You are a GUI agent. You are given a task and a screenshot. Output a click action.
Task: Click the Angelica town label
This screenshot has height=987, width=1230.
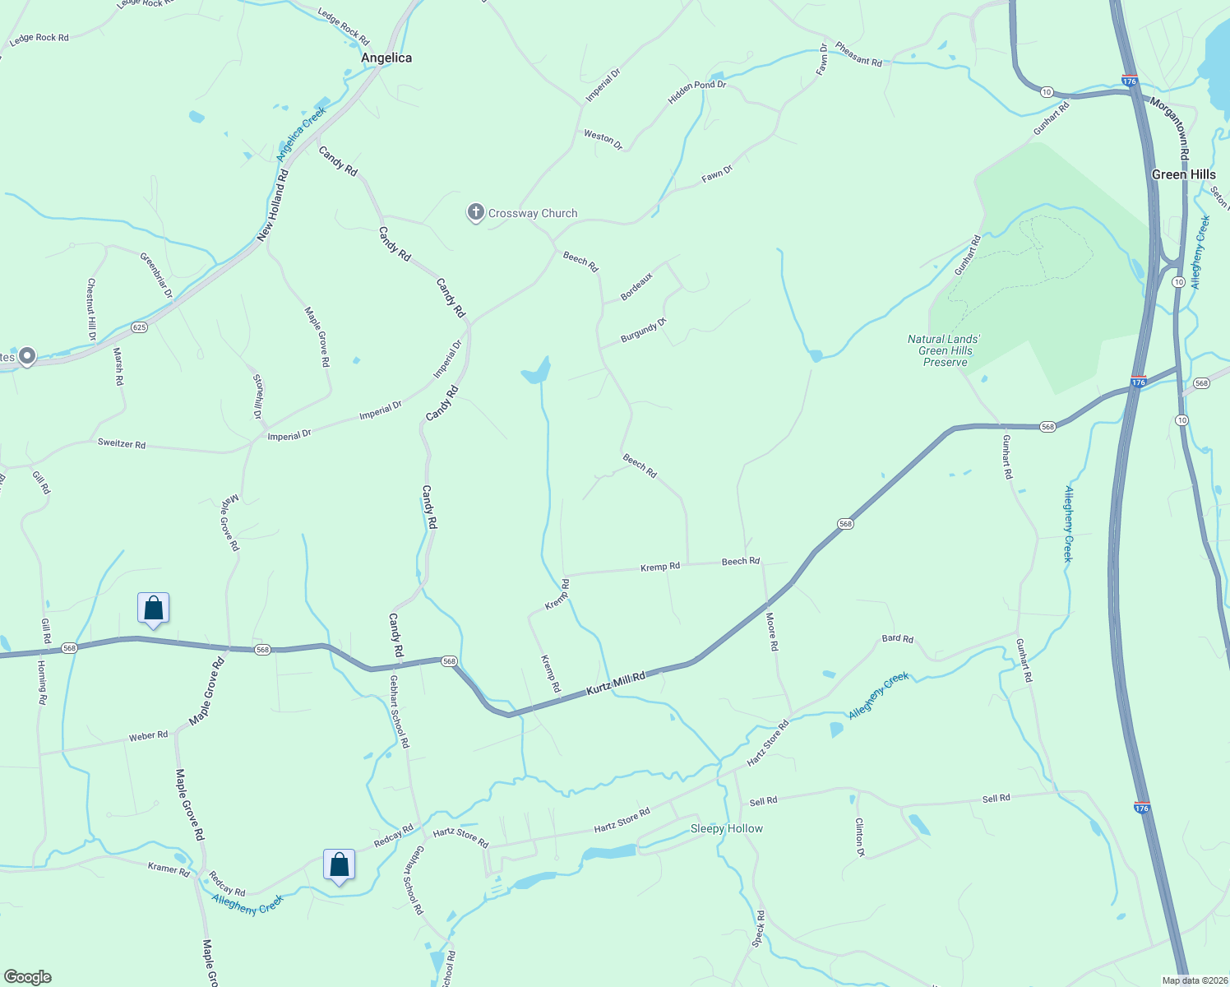click(386, 58)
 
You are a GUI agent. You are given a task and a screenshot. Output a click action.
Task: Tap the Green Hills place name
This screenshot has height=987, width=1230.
click(1183, 174)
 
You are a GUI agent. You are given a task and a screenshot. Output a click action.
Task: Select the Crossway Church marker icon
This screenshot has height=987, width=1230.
click(475, 213)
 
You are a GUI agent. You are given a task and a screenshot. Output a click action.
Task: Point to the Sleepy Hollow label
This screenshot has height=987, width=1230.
click(726, 828)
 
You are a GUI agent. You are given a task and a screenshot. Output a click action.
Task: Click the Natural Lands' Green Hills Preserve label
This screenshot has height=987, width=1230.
click(945, 350)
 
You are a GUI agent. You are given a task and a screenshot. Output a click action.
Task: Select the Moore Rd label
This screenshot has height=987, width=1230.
click(771, 632)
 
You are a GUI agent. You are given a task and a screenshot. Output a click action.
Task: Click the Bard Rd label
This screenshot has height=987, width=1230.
click(897, 638)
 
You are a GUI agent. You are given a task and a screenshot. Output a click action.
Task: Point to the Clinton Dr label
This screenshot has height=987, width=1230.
click(860, 837)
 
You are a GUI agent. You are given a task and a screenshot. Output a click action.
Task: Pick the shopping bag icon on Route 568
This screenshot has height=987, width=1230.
click(153, 609)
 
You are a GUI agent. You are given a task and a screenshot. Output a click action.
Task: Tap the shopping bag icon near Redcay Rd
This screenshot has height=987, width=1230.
click(339, 865)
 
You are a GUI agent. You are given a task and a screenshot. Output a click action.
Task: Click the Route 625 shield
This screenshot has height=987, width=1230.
click(139, 327)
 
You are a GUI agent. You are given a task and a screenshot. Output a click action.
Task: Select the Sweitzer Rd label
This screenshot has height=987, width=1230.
click(122, 444)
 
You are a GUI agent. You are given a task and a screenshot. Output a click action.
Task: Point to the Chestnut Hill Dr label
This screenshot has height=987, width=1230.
click(91, 309)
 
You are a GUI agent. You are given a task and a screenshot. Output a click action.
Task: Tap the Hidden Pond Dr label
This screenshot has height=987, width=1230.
click(697, 91)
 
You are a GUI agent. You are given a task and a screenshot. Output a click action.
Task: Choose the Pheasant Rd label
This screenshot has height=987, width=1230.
click(858, 54)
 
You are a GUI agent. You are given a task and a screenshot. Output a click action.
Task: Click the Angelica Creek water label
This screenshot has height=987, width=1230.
click(301, 133)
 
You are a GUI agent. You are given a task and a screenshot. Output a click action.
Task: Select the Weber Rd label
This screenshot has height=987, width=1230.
click(148, 735)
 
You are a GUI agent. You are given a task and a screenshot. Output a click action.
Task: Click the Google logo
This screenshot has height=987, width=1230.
click(28, 977)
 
